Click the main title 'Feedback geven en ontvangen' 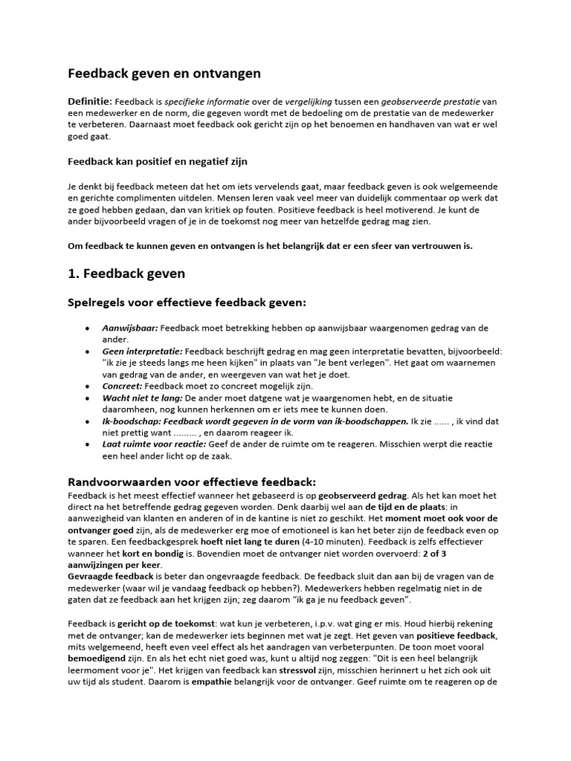tap(164, 74)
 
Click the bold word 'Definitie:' tap(90, 100)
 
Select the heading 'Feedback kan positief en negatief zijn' tap(158, 161)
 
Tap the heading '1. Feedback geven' tap(126, 273)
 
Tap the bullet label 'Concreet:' tap(122, 386)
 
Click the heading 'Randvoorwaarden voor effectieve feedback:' tap(192, 481)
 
